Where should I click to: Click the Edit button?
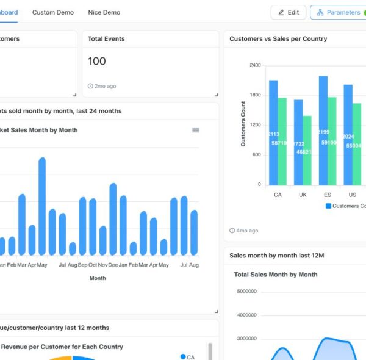point(289,12)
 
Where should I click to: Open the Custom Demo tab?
point(53,12)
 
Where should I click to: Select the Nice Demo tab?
point(104,12)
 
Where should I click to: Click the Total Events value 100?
point(96,61)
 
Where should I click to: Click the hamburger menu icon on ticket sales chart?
point(196,130)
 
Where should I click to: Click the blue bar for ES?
point(323,131)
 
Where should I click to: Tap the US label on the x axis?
point(352,195)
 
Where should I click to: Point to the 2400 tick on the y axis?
point(255,65)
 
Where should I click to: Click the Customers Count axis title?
point(243,124)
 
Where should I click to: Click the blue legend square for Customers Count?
point(328,206)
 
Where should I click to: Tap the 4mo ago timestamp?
point(244,231)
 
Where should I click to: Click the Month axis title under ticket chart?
point(98,278)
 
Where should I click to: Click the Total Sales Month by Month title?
point(276,275)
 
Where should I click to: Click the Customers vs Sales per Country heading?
point(278,39)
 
